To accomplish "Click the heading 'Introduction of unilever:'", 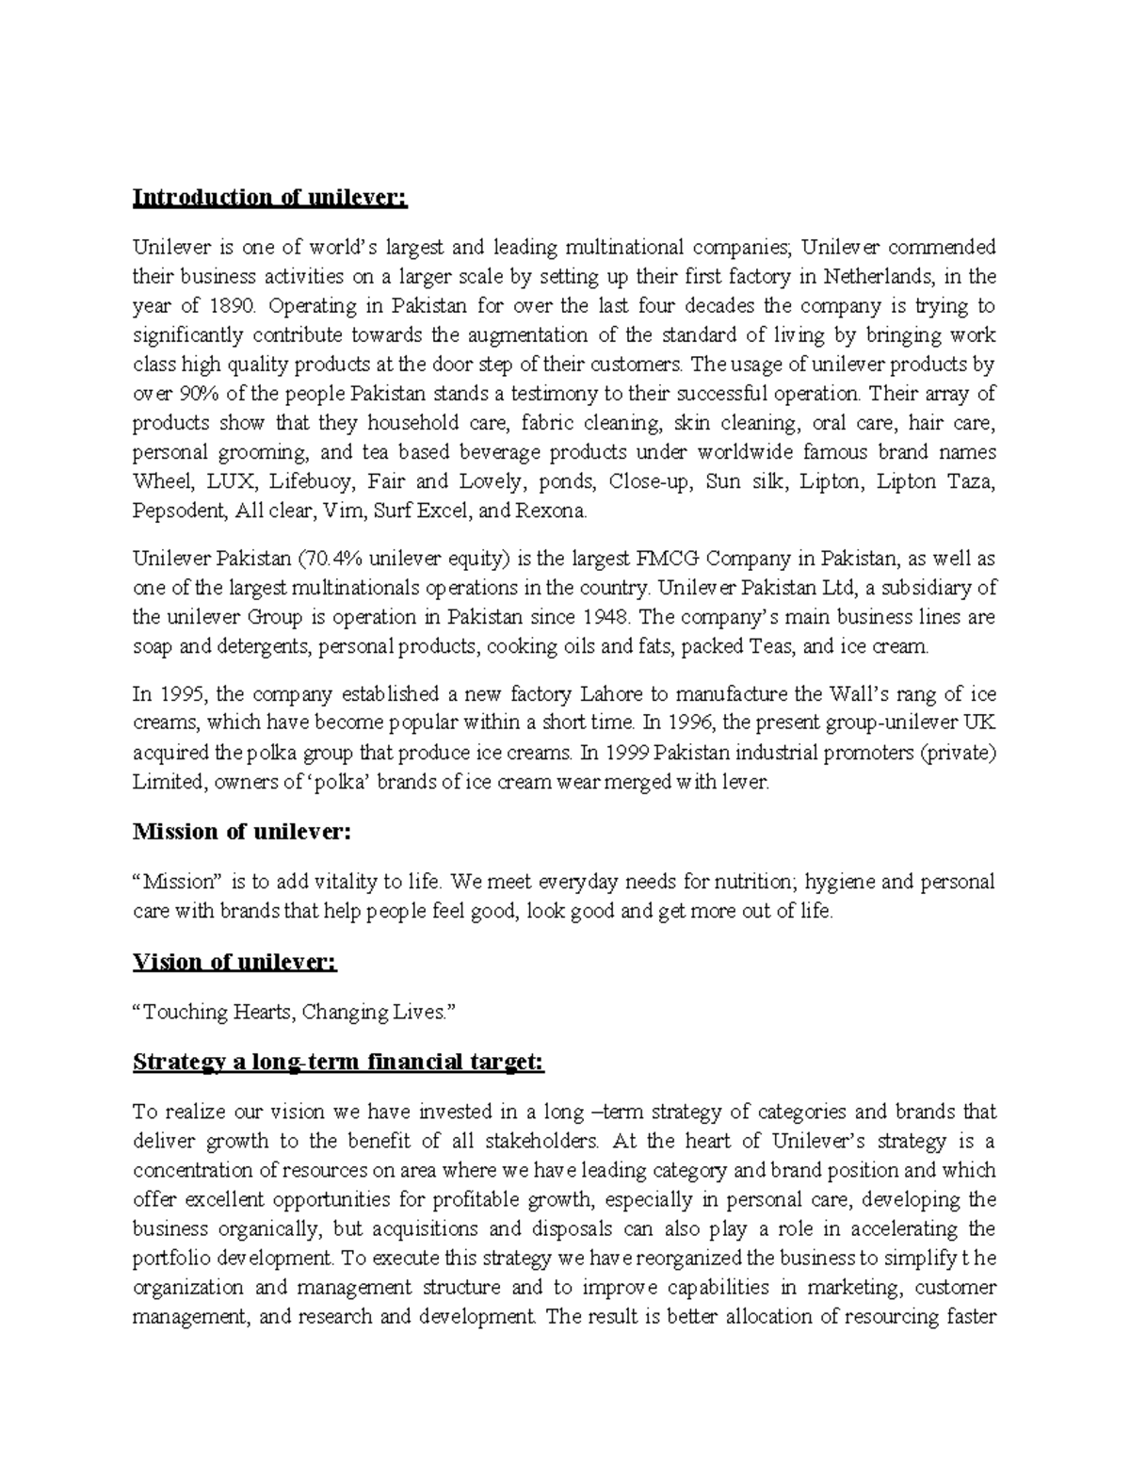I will pyautogui.click(x=271, y=198).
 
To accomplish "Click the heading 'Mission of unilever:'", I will pyautogui.click(x=242, y=832).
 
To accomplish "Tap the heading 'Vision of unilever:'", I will pyautogui.click(x=234, y=962).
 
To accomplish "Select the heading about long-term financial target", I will pyautogui.click(x=339, y=1063).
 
